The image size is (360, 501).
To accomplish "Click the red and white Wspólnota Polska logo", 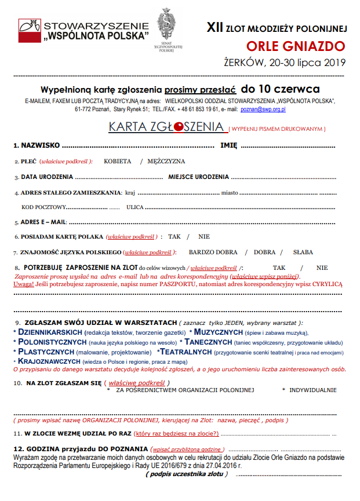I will click(x=28, y=30).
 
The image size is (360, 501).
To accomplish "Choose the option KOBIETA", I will click(x=117, y=161).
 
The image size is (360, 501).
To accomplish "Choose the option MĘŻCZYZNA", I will click(x=166, y=161).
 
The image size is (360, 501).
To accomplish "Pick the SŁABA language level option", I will click(x=303, y=252).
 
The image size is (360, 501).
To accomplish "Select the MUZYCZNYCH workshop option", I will click(x=218, y=332).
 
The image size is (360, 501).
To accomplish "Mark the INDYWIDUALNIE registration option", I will click(x=312, y=390).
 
